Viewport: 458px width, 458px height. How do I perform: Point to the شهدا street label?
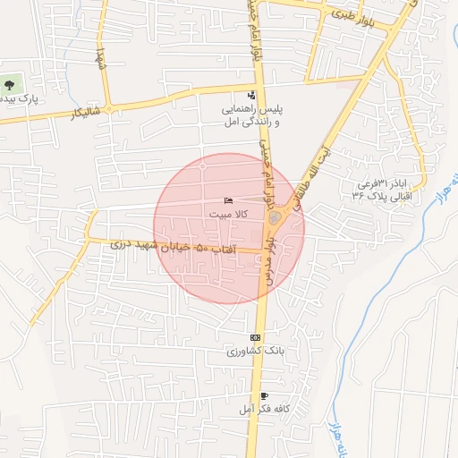pyautogui.click(x=101, y=55)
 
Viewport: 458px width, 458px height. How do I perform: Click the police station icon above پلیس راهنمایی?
pyautogui.click(x=250, y=95)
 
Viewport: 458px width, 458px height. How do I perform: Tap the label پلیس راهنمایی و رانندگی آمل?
pyautogui.click(x=252, y=114)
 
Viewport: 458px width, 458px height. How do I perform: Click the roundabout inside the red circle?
pyautogui.click(x=275, y=217)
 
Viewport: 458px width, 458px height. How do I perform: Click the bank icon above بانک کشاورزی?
pyautogui.click(x=256, y=337)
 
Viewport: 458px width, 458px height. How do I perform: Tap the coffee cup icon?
pyautogui.click(x=263, y=394)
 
